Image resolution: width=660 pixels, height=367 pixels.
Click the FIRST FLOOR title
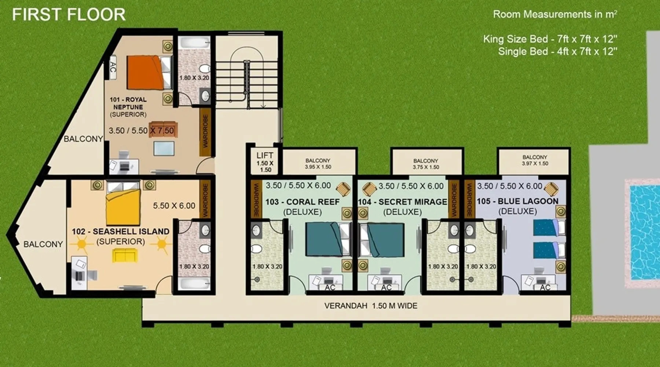tap(69, 15)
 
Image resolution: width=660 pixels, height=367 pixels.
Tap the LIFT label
tap(265, 155)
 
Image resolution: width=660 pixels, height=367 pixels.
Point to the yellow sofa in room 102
tap(125, 255)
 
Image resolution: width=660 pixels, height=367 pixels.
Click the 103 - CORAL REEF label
tap(302, 202)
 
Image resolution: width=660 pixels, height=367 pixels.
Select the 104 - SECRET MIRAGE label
tap(403, 202)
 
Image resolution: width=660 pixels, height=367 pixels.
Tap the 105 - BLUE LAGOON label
tap(517, 201)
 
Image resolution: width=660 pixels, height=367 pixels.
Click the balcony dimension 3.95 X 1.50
tap(318, 167)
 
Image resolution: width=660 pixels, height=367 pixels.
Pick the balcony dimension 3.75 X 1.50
tap(426, 167)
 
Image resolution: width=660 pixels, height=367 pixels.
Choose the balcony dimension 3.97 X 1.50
tap(535, 164)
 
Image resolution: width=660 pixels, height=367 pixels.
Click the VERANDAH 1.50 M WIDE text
tap(371, 306)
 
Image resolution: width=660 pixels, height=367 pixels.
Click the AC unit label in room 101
tap(113, 67)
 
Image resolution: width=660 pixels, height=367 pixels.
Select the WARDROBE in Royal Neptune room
tap(205, 131)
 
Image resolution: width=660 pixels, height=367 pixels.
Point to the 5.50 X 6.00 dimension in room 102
tap(174, 206)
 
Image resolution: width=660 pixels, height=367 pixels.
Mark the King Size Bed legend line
tap(550, 39)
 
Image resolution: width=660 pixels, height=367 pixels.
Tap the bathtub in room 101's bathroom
tap(194, 44)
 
